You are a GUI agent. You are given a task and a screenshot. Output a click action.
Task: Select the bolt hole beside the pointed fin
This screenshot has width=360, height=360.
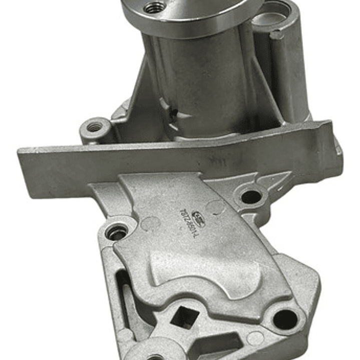(x=251, y=196)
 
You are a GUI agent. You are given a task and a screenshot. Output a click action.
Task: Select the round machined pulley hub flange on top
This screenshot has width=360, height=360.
(x=190, y=15)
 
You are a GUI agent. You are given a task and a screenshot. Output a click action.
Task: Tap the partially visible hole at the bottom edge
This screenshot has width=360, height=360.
(x=155, y=356)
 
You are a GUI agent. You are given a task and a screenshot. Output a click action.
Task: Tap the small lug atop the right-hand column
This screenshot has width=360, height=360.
(x=276, y=35)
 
